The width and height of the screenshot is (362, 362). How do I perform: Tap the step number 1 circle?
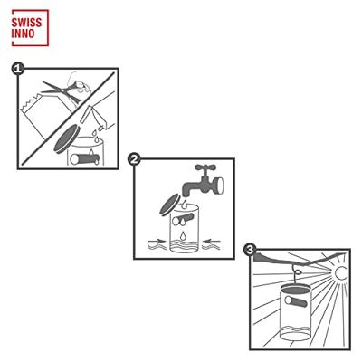coord(17,68)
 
